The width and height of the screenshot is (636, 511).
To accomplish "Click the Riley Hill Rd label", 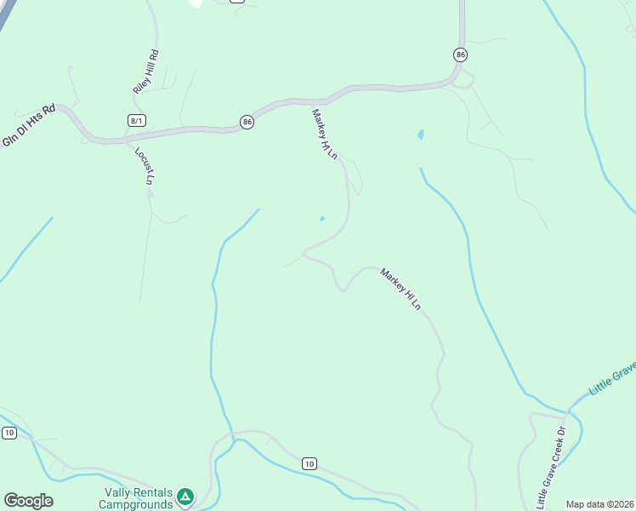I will (x=146, y=72).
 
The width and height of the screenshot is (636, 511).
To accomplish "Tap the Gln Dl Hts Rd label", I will (x=28, y=125).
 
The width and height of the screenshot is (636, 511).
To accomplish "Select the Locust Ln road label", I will (x=143, y=165).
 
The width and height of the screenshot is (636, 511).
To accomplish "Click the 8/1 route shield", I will (x=136, y=121).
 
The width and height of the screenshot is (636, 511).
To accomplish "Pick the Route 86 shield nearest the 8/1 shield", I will (x=247, y=122).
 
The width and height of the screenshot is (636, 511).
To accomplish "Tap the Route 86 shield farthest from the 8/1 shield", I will (x=460, y=55).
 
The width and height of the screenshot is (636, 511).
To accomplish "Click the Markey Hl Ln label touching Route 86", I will (x=325, y=135).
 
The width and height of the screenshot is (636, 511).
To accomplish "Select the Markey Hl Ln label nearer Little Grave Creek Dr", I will (x=400, y=289).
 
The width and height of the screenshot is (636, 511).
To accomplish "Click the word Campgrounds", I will (x=135, y=504).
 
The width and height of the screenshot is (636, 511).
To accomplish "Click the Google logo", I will (x=28, y=501).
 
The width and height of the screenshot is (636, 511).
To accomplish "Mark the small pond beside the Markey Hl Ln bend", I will (x=321, y=219).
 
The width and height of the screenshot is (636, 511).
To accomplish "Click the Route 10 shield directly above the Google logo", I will (x=9, y=433).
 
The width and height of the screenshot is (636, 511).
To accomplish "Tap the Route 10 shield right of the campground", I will (x=309, y=463).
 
